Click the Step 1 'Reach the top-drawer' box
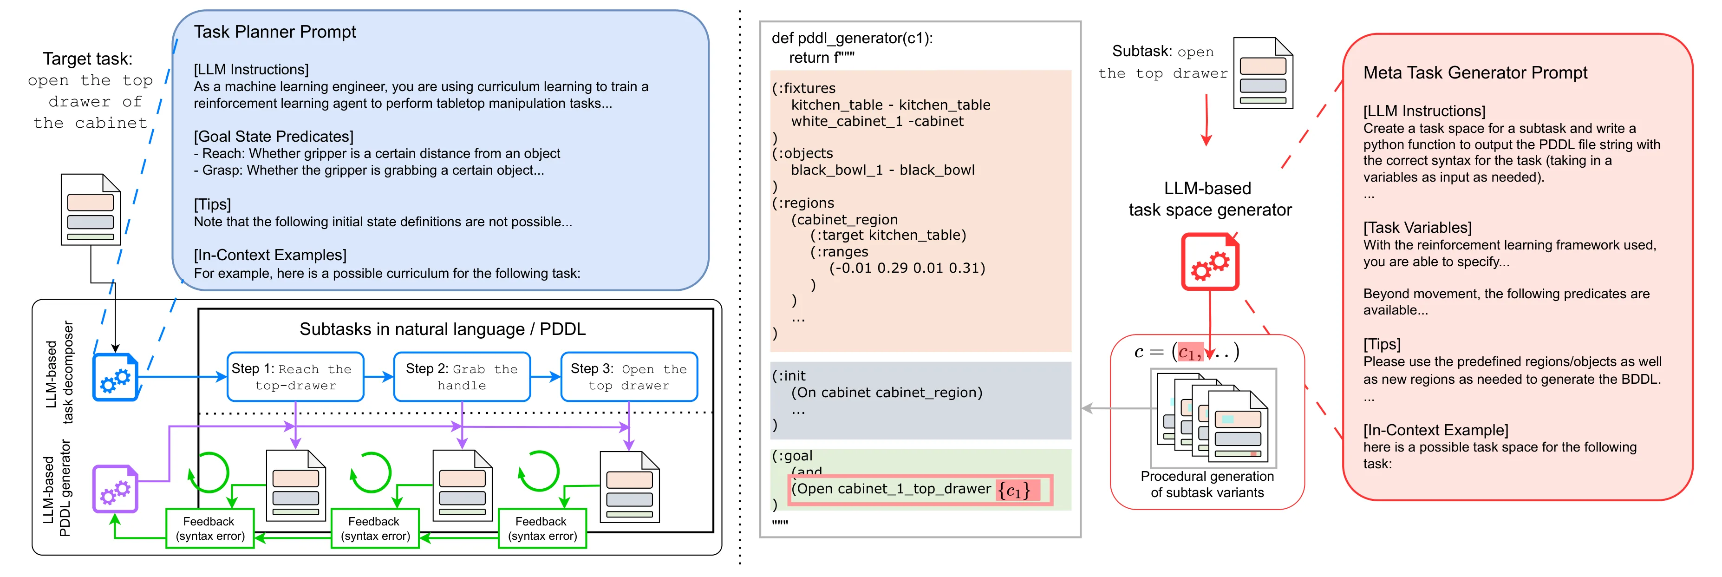pyautogui.click(x=295, y=376)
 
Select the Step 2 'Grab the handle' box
pyautogui.click(x=462, y=376)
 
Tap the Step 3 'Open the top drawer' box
pyautogui.click(x=629, y=376)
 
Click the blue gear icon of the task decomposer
pyautogui.click(x=115, y=378)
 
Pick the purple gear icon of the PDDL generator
pyautogui.click(x=115, y=489)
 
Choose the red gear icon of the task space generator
pyautogui.click(x=1210, y=262)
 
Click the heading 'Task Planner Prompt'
pyautogui.click(x=275, y=32)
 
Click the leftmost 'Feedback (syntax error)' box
pyautogui.click(x=210, y=528)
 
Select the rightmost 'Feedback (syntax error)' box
pyautogui.click(x=542, y=528)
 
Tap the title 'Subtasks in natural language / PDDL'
pyautogui.click(x=443, y=329)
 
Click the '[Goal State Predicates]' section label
pyautogui.click(x=274, y=137)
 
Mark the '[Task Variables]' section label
pyautogui.click(x=1418, y=227)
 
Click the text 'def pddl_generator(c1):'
pyautogui.click(x=852, y=38)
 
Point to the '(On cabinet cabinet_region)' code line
pyautogui.click(x=887, y=393)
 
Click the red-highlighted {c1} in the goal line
pyautogui.click(x=1015, y=490)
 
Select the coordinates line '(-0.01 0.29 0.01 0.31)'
pyautogui.click(x=907, y=268)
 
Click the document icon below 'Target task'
pyautogui.click(x=90, y=209)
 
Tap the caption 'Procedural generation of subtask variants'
pyautogui.click(x=1207, y=484)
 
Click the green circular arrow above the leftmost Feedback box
pyautogui.click(x=209, y=472)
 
